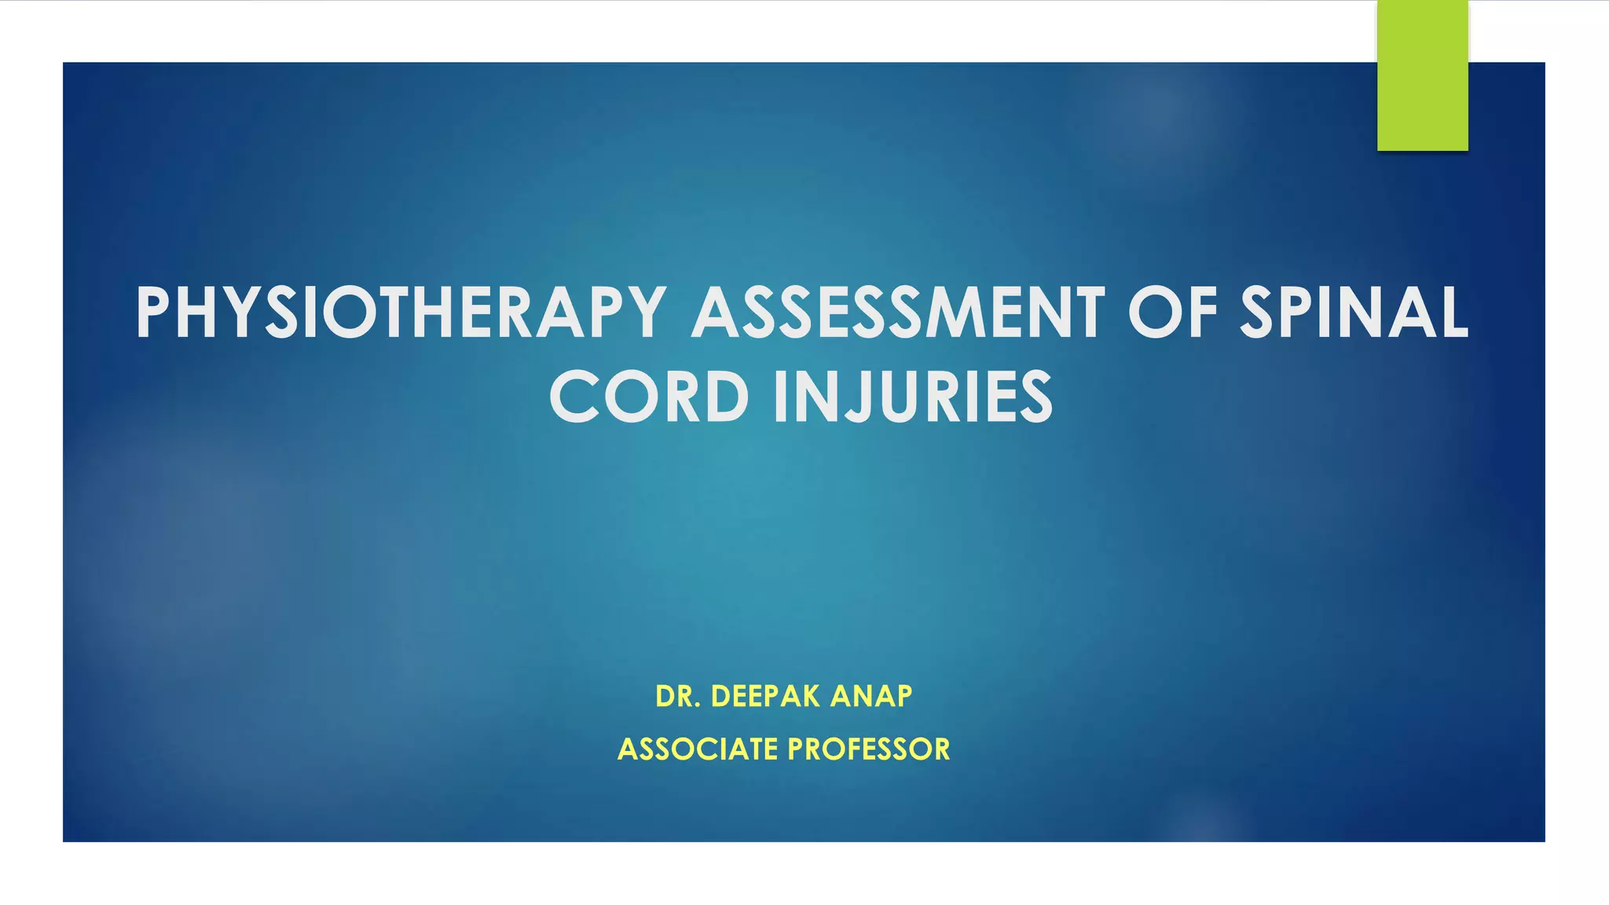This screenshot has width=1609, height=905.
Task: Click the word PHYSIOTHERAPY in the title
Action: (x=401, y=313)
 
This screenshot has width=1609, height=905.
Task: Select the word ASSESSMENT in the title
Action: (x=898, y=313)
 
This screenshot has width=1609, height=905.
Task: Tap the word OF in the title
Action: (x=1173, y=313)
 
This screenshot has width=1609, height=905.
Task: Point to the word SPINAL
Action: (x=1354, y=313)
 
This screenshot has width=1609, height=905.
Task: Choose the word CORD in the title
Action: (x=649, y=398)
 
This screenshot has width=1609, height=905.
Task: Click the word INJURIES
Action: (x=913, y=398)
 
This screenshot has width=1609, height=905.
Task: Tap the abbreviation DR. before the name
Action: (x=678, y=696)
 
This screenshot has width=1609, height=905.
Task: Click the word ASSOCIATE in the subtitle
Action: (x=698, y=749)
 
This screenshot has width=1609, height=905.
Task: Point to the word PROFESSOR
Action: (x=869, y=749)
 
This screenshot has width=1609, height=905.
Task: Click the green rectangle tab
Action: (x=1422, y=75)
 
